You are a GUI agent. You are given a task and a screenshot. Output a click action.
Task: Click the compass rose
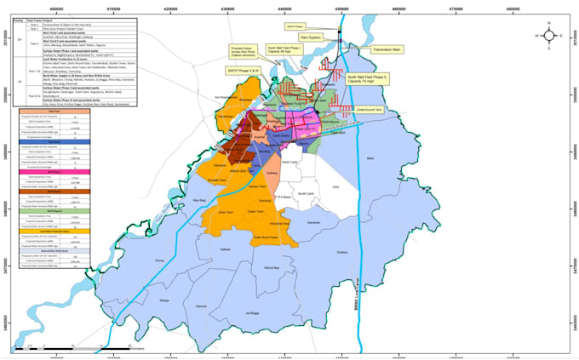coord(549,37)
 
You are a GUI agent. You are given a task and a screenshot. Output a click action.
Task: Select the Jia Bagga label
coord(250,312)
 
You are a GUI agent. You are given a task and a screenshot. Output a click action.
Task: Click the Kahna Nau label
coord(272,268)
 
